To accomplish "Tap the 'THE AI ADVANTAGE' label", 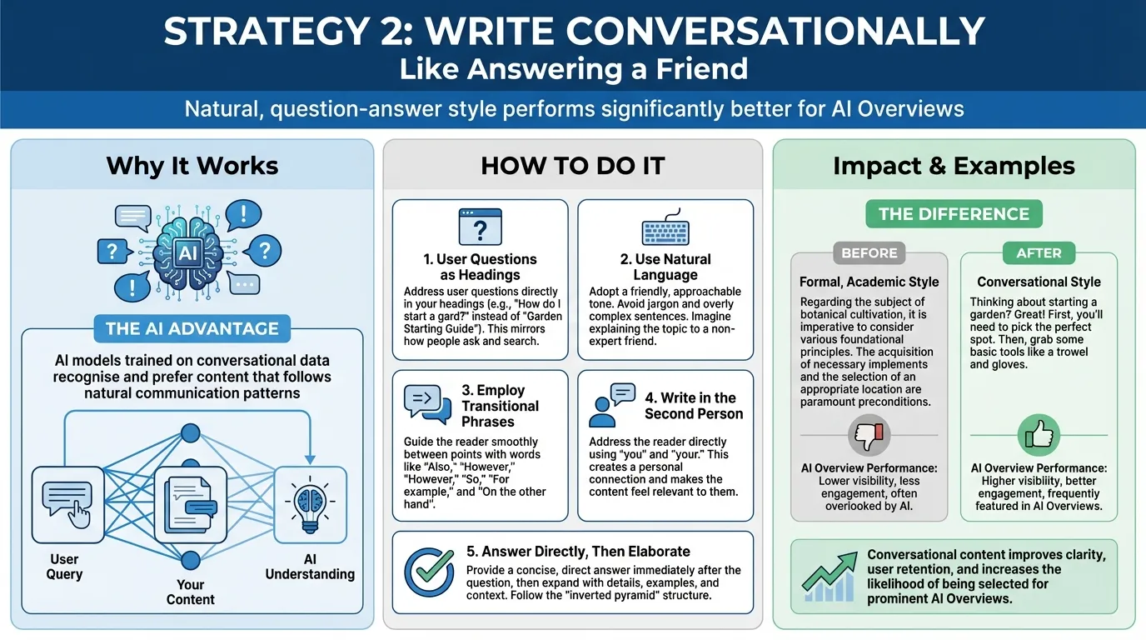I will [192, 328].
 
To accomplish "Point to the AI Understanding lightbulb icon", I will [310, 502].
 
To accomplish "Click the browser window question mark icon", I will [480, 227].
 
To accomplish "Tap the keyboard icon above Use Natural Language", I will [665, 231].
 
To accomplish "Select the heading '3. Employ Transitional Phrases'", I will [500, 406].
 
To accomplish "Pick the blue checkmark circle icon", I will [429, 571].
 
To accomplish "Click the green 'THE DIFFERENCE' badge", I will [954, 214].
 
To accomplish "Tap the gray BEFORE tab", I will [869, 252].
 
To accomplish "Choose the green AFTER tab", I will [1039, 252].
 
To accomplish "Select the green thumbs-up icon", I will [1039, 435].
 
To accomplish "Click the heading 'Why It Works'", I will [192, 166].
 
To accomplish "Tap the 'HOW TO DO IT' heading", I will [573, 166].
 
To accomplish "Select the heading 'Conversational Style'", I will [1039, 282].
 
